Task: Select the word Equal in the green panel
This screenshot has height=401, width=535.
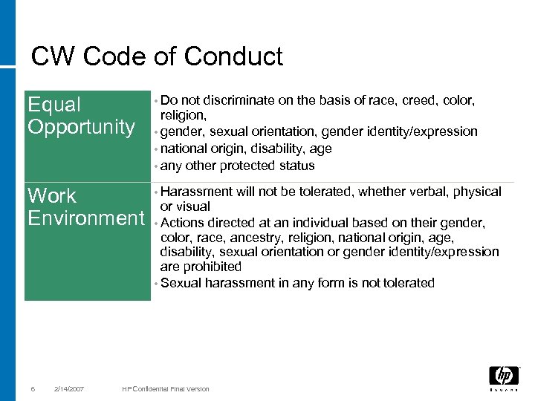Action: click(x=54, y=105)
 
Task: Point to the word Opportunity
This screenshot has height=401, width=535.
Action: click(x=81, y=127)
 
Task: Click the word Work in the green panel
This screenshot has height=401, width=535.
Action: click(x=52, y=196)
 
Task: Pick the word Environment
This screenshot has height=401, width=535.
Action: click(x=86, y=218)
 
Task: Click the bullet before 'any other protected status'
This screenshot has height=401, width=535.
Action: click(x=156, y=166)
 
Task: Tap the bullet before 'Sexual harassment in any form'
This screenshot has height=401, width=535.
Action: click(x=156, y=284)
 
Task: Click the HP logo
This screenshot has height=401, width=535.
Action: click(x=504, y=377)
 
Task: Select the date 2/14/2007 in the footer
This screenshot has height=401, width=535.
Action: click(x=69, y=389)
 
